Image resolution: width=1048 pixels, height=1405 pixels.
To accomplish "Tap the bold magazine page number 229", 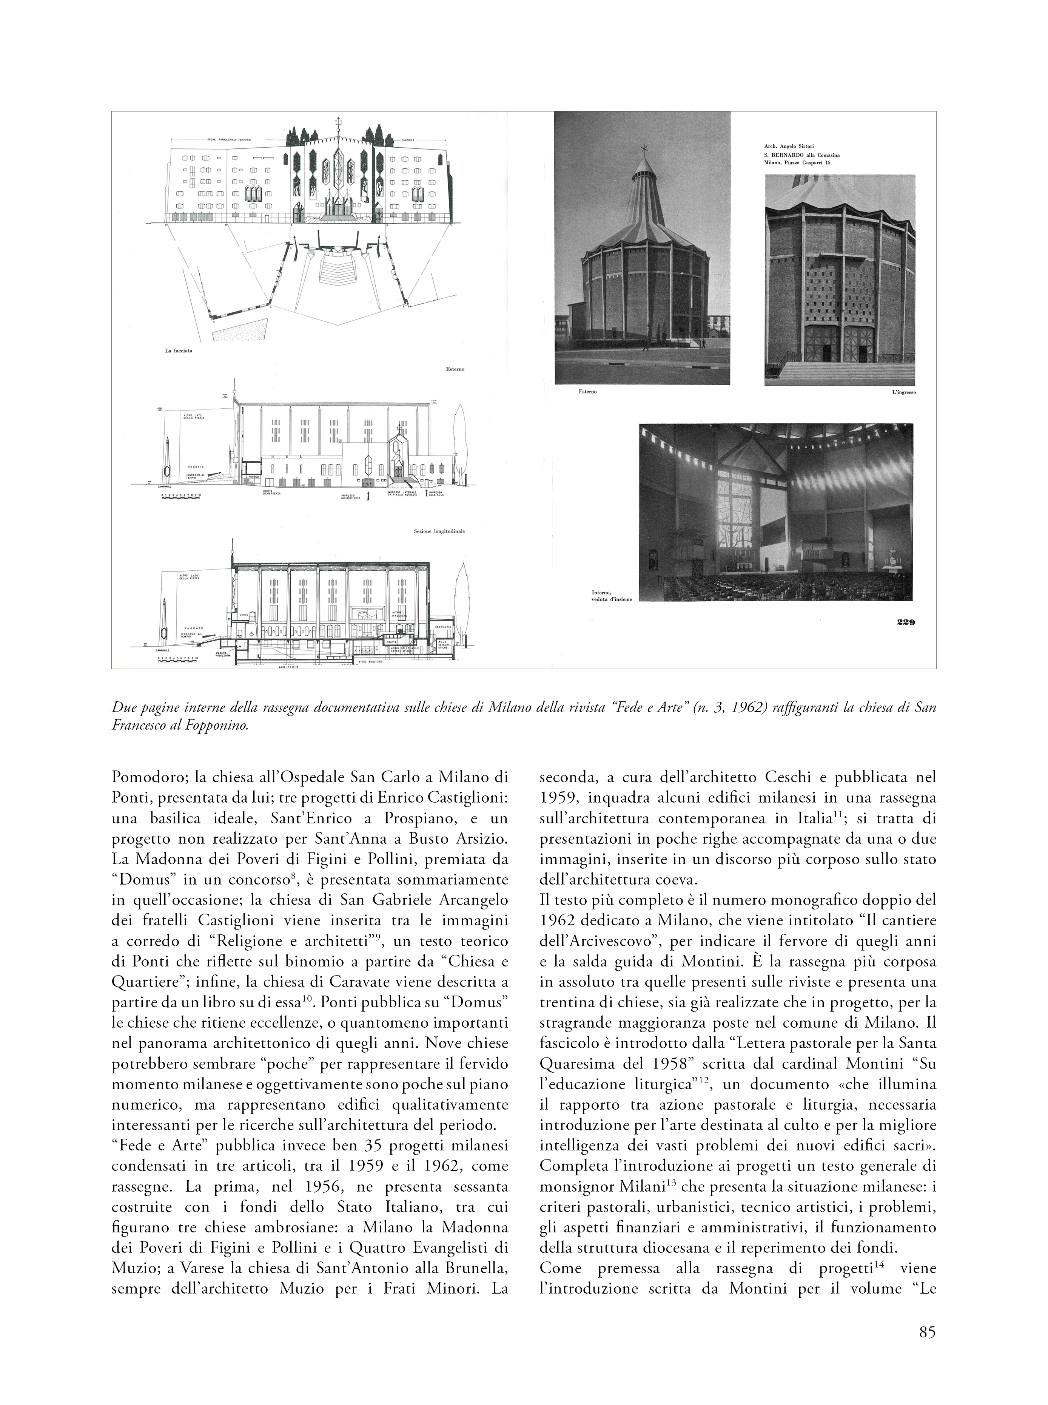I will [x=905, y=622].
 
